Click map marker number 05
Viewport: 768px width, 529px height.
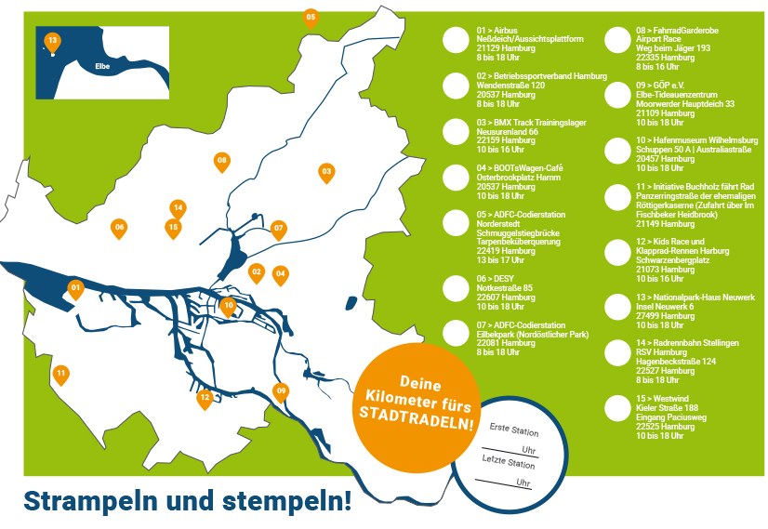pos(311,17)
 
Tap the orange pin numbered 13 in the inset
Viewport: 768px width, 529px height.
pos(52,41)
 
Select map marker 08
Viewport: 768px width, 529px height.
pos(221,161)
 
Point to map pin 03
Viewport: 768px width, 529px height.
pos(326,171)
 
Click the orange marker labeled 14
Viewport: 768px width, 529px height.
pos(178,207)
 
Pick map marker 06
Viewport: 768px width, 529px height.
pos(119,227)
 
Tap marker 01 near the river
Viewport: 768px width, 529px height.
pos(76,288)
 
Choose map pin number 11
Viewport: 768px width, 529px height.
pos(61,374)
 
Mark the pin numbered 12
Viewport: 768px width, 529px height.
pos(205,398)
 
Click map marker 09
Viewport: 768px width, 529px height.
pos(281,390)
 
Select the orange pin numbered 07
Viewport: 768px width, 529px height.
pos(278,227)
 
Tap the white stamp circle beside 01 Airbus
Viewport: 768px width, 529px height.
pos(456,39)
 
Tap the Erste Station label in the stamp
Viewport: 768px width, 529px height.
pos(513,430)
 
